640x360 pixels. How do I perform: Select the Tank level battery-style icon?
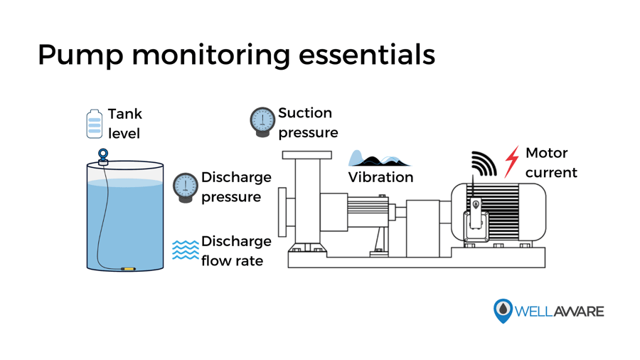(94, 124)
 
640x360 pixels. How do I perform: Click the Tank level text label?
(125, 124)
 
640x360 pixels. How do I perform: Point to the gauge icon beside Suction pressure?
(262, 122)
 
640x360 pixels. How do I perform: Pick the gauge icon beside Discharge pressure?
(186, 187)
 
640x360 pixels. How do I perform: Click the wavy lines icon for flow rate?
(186, 250)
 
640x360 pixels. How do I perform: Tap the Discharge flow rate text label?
(236, 251)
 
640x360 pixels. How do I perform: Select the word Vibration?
(380, 178)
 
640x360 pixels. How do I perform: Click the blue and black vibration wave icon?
(378, 159)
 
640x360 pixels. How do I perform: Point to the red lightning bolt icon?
(511, 162)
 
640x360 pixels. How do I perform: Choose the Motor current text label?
(551, 163)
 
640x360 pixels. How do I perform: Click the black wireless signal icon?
(484, 164)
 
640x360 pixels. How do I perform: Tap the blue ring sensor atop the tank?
(103, 155)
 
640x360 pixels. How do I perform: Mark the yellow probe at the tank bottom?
(128, 269)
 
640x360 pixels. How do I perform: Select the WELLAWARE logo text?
(559, 312)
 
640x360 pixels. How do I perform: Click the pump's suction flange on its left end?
(282, 211)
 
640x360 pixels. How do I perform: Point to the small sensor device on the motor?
(476, 214)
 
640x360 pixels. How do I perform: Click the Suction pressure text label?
(307, 123)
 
